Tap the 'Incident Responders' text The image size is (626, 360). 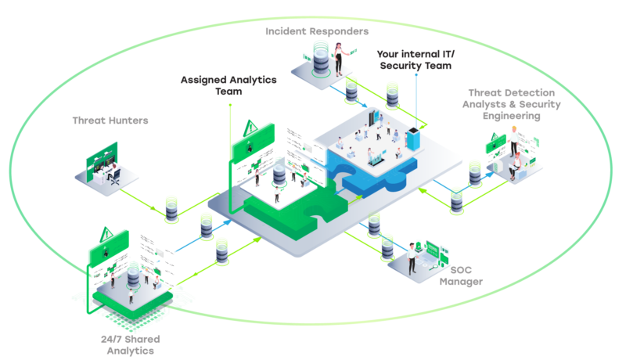316,31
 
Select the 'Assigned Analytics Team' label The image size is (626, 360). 228,85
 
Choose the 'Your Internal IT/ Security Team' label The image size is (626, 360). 415,60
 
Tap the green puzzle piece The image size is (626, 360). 282,210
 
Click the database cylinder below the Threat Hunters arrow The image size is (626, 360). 171,210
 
